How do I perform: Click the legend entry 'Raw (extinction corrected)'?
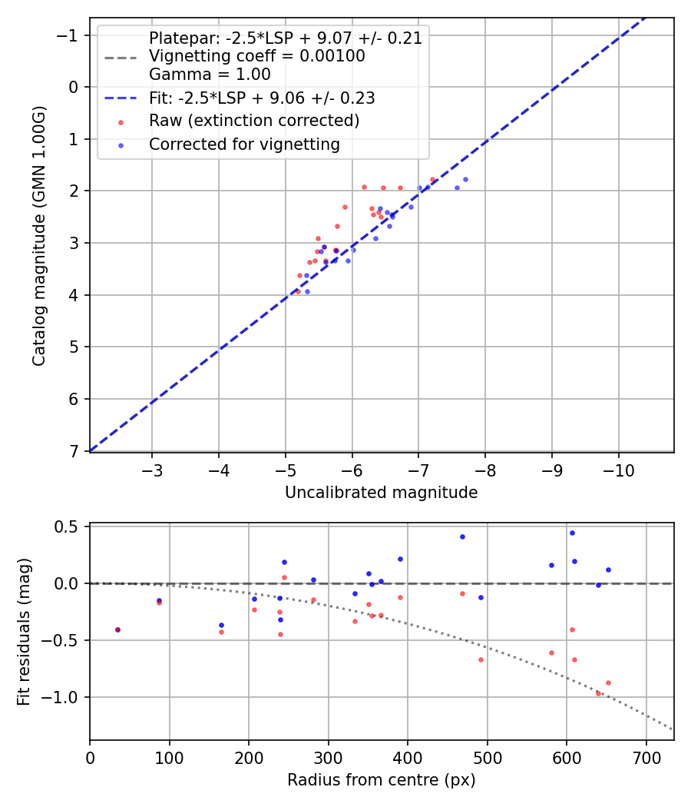[254, 121]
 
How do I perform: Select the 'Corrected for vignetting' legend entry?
[244, 144]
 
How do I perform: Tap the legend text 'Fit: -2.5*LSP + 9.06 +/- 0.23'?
[262, 98]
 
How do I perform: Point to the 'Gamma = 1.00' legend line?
[210, 75]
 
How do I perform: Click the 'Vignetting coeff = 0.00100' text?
[257, 56]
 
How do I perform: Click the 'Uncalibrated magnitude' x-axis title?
[382, 493]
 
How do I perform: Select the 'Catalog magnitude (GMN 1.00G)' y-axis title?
[40, 235]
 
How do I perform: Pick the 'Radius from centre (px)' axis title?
[382, 780]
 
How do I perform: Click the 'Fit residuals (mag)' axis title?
[25, 632]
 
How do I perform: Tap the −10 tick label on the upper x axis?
[618, 468]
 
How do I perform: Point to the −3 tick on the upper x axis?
[152, 468]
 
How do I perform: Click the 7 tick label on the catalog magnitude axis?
[74, 451]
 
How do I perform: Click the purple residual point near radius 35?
[117, 629]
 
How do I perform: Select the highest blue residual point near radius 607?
[572, 533]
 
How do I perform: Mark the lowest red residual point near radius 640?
[598, 693]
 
